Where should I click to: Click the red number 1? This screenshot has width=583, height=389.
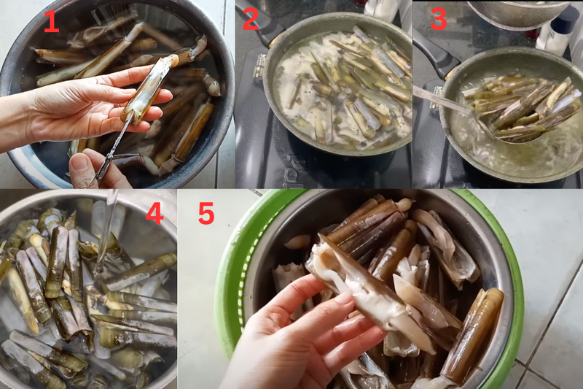click(x=50, y=21)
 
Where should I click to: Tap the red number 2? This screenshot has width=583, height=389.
click(x=250, y=20)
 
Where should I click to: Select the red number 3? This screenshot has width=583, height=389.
click(x=438, y=20)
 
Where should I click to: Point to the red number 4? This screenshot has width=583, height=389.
click(x=154, y=213)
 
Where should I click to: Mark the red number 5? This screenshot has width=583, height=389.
click(x=206, y=213)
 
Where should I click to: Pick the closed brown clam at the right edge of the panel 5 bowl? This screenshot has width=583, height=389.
click(x=477, y=328)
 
